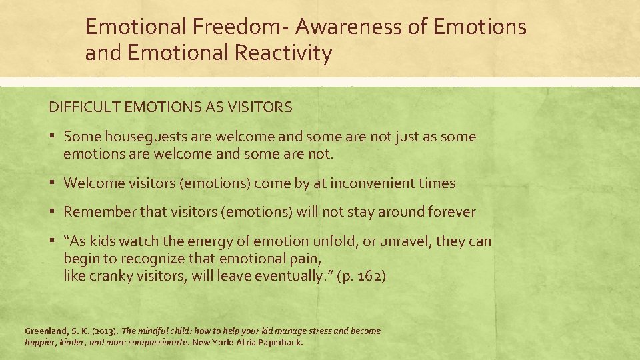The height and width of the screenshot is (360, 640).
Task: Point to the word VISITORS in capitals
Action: click(265, 107)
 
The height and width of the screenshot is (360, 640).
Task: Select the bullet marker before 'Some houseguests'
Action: click(53, 137)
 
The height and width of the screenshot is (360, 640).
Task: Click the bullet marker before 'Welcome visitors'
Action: click(53, 183)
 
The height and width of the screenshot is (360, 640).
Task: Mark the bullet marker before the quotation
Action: click(53, 241)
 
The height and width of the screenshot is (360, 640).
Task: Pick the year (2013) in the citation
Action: click(103, 331)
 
